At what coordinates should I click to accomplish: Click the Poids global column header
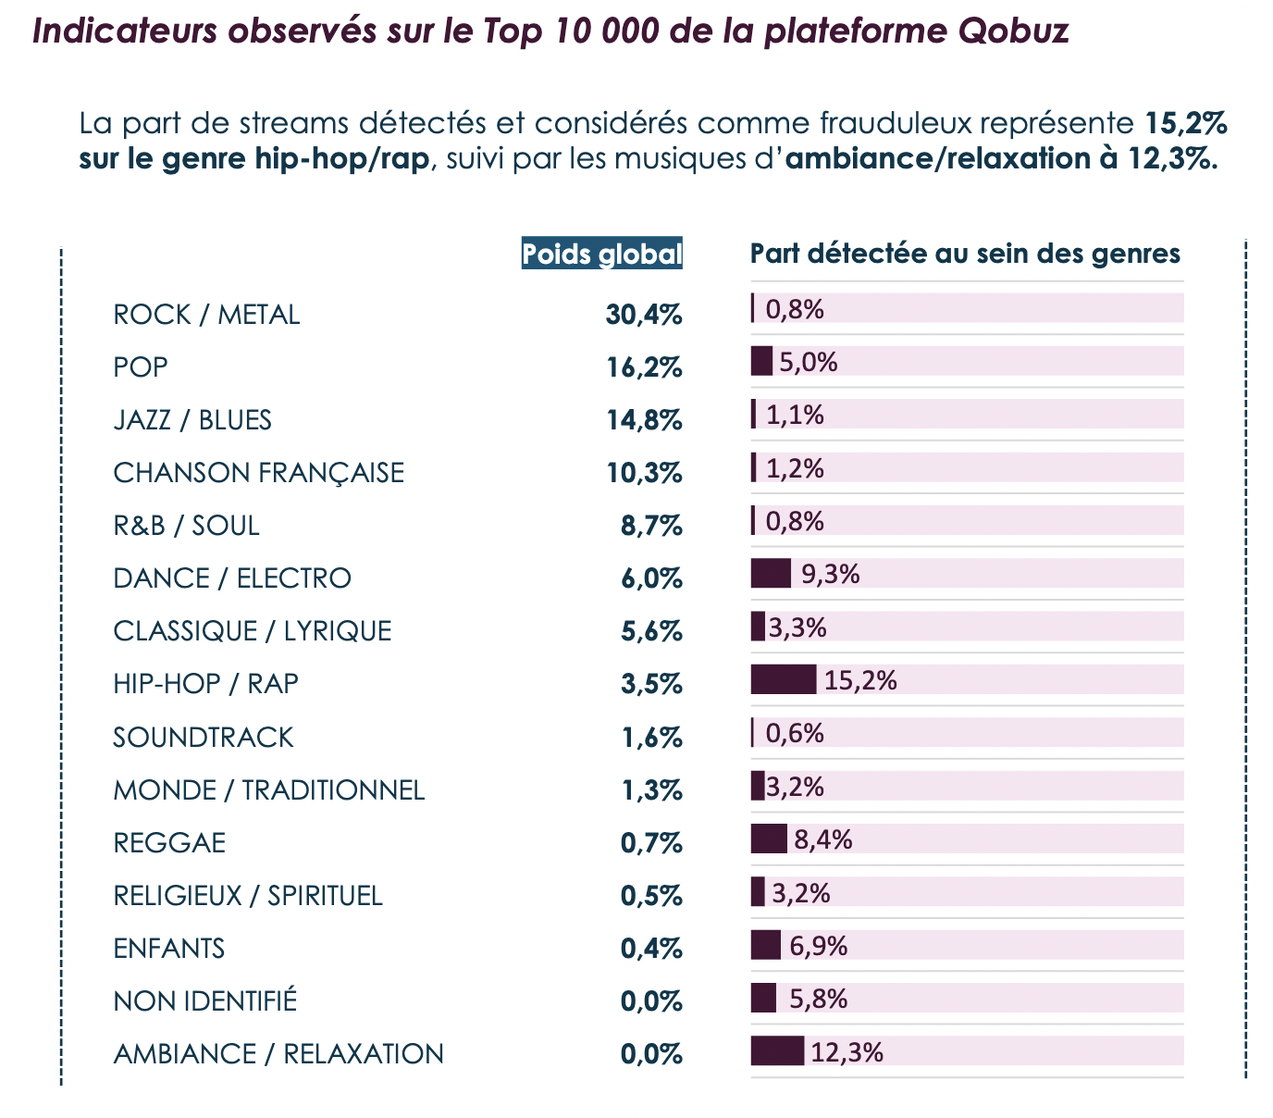click(x=602, y=254)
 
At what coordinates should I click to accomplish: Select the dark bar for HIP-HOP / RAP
click(x=783, y=679)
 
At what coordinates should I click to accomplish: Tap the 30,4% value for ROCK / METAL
click(x=644, y=315)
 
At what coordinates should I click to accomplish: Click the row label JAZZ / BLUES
click(x=192, y=420)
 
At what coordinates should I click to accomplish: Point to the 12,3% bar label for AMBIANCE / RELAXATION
click(x=847, y=1052)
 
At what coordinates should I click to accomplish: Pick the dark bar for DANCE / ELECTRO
click(x=771, y=574)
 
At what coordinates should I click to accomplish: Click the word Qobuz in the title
click(x=1014, y=31)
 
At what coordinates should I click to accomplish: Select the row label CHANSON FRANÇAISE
click(x=258, y=473)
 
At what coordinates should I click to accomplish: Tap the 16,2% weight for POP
click(x=644, y=367)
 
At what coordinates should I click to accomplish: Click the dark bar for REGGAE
click(x=769, y=838)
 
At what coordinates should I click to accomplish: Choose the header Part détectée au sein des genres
click(x=965, y=254)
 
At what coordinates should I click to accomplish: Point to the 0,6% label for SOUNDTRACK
click(x=795, y=733)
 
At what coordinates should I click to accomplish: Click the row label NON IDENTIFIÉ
click(x=205, y=1001)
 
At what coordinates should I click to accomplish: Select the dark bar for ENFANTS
click(x=765, y=945)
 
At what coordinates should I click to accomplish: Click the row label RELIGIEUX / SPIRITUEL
click(x=248, y=896)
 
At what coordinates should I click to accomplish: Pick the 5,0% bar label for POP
click(x=808, y=362)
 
